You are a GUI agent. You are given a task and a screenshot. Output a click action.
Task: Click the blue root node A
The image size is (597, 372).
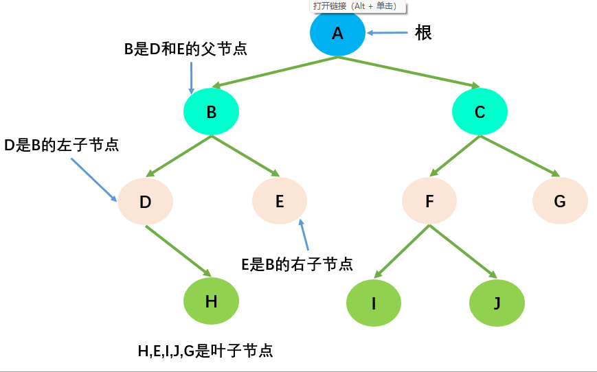337,34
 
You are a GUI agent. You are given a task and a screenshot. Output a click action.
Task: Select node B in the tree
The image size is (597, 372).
212,112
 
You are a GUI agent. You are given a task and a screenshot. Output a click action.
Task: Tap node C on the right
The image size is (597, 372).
480,112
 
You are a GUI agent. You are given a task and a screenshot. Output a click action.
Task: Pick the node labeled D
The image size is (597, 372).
145,201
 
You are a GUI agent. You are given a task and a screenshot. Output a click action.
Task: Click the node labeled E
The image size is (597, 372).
280,201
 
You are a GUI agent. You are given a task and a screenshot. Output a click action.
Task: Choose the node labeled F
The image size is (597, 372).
429,201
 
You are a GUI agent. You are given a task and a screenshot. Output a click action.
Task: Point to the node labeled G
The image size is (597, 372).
560,201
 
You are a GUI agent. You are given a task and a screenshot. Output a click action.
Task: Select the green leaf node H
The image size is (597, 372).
212,301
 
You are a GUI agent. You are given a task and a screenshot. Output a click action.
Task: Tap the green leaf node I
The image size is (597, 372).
374,303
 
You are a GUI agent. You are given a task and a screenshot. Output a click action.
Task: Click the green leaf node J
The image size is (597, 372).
497,303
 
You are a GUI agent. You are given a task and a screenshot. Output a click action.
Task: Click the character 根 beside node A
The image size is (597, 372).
423,33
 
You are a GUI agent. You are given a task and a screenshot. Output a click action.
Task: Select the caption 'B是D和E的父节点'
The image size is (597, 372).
185,49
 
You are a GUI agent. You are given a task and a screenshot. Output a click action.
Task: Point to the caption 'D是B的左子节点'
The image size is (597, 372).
62,145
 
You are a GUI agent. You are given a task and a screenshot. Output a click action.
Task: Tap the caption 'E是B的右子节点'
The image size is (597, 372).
297,264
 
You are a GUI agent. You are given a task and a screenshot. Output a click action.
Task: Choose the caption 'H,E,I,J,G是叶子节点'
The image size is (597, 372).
205,351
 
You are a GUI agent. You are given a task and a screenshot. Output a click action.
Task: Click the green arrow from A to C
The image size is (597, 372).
409,72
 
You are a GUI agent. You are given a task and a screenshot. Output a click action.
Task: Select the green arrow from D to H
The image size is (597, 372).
178,251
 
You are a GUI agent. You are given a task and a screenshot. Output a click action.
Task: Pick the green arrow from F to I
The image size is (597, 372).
402,251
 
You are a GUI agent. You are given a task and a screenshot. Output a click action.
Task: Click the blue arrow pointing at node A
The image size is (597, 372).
387,33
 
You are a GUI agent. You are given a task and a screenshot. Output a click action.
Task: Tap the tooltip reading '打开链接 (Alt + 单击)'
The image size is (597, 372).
358,6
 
